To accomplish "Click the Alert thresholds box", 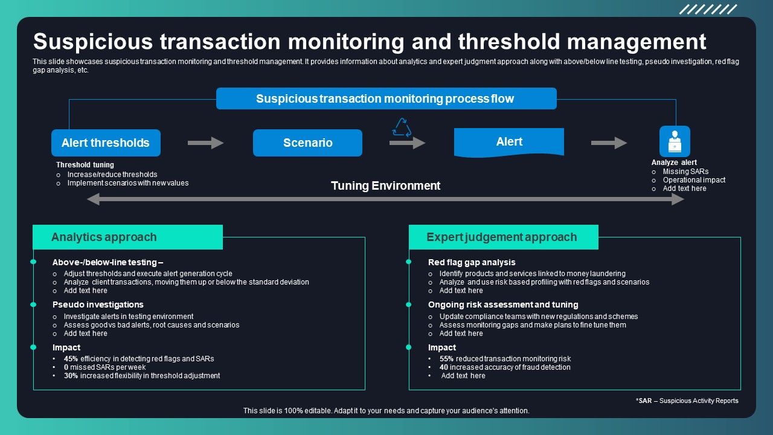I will [106, 143].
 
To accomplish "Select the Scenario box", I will [307, 143].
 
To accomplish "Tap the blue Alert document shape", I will [508, 142].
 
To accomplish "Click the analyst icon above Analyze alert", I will [674, 141].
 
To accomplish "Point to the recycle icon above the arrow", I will [401, 127].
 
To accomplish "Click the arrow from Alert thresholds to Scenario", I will [205, 143].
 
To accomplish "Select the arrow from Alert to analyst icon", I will [609, 143].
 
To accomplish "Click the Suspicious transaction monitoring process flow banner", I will [386, 98].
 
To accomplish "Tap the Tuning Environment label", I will [385, 185].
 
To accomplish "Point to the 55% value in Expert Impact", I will [446, 359].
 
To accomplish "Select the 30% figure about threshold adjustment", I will [71, 376].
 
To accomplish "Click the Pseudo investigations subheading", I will [98, 304].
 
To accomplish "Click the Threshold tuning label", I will [85, 165].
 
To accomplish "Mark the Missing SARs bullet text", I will [685, 172].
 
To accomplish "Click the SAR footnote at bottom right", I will [687, 401].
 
